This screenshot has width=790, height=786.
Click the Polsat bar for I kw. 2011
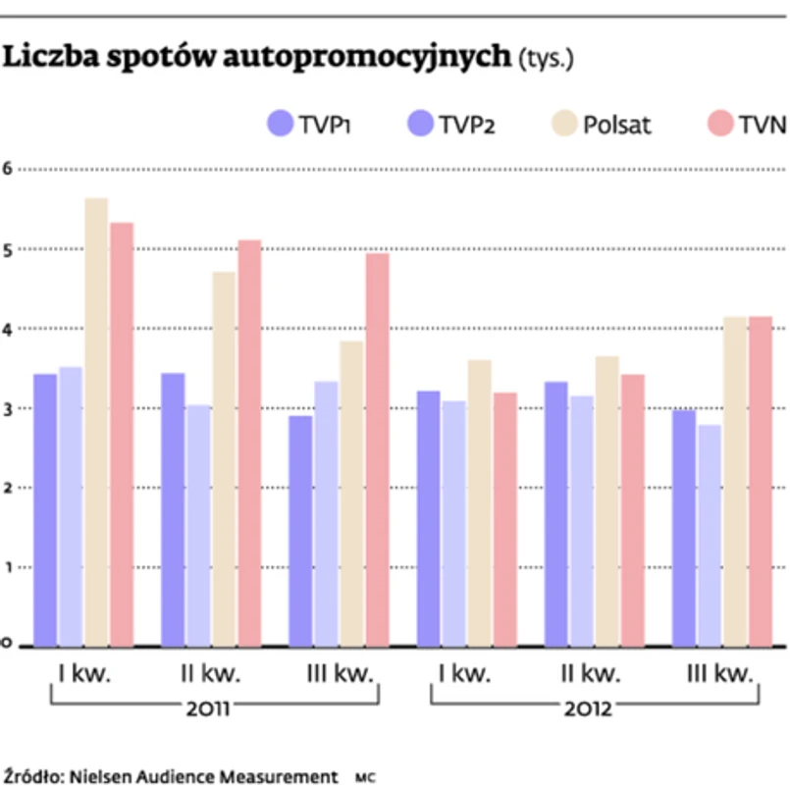click(96, 422)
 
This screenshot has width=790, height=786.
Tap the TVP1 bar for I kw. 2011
click(45, 509)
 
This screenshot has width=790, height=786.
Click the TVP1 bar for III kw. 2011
click(300, 531)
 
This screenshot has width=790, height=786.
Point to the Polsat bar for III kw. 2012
click(734, 481)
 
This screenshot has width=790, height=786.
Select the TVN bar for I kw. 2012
click(505, 519)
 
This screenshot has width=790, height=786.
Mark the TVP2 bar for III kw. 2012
click(710, 535)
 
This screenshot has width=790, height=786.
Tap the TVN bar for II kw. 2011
click(250, 443)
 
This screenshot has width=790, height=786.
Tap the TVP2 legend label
click(467, 125)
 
